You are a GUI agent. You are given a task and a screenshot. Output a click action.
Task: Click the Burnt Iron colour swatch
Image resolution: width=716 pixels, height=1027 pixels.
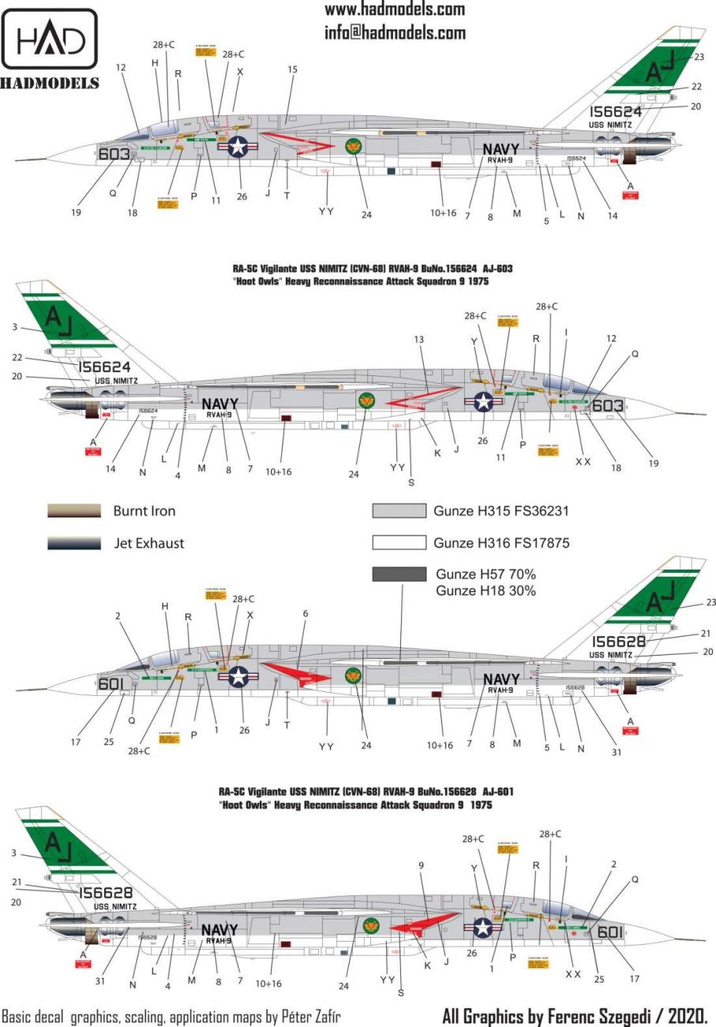pos(74,511)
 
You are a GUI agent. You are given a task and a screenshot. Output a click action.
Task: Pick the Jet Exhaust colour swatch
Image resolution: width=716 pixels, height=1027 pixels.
pos(74,544)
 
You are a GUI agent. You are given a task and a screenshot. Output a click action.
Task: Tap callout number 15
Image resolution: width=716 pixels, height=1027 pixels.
pos(292,70)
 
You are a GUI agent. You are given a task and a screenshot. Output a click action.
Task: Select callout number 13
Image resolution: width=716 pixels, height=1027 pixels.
pos(419,340)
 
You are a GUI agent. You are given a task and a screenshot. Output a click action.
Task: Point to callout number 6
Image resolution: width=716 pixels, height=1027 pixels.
pos(306,613)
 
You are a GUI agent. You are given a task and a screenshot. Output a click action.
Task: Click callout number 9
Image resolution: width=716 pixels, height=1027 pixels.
pos(422,865)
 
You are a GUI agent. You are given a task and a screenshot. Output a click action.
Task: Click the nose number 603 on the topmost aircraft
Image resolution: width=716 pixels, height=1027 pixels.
pos(114,155)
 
